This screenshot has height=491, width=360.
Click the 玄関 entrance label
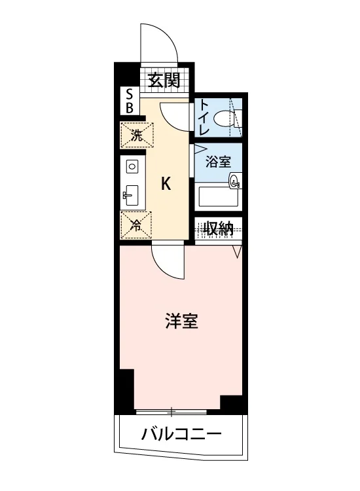pos(164,81)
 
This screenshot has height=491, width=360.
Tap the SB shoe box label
pos(130,101)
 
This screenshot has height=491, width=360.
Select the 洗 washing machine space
pos(137,135)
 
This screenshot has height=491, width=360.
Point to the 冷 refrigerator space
pos(136,225)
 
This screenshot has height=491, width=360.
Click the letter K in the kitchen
pos(166,184)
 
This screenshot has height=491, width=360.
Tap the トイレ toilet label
pos(204,117)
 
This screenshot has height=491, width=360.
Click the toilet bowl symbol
pos(224,118)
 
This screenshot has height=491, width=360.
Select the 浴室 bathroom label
pos(218,161)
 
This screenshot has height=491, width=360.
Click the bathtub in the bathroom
pos(218,196)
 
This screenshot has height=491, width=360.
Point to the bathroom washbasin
pos(235,181)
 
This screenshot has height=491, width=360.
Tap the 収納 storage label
pos(218,228)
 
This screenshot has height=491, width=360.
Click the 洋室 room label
pos(182,321)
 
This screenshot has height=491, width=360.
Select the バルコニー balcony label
pos(181,433)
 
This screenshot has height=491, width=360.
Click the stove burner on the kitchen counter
pos(132,166)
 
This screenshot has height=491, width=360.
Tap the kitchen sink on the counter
pos(131,196)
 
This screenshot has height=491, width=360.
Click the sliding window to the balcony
pos(171,412)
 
